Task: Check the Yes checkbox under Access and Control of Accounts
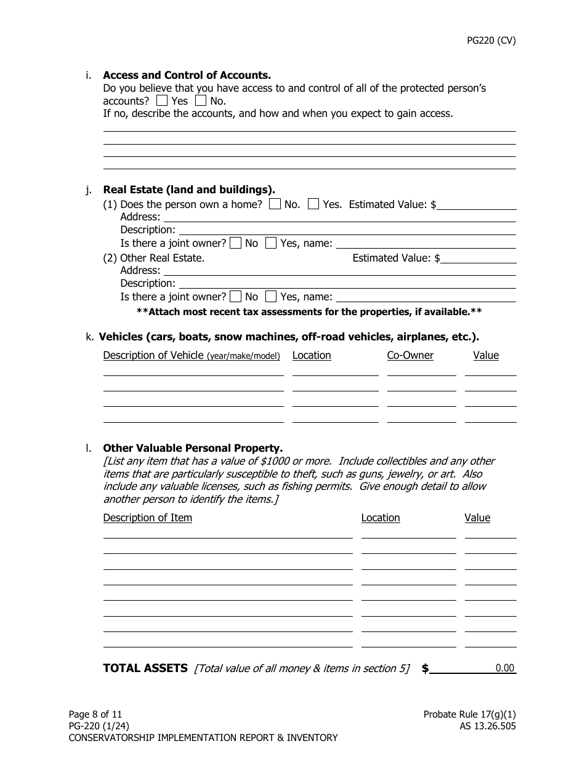pyautogui.click(x=162, y=100)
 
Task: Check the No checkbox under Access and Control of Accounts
pyautogui.click(x=201, y=100)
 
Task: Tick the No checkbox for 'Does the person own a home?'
pyautogui.click(x=275, y=204)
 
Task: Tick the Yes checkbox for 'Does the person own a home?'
pyautogui.click(x=313, y=204)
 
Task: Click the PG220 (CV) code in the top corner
pyautogui.click(x=490, y=41)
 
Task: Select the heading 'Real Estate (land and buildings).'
pyautogui.click(x=189, y=190)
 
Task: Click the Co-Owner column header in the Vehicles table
pyautogui.click(x=410, y=355)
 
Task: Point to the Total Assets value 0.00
pyautogui.click(x=504, y=668)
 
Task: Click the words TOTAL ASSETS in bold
pyautogui.click(x=145, y=668)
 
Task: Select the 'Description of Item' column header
pyautogui.click(x=148, y=518)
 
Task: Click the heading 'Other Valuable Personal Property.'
pyautogui.click(x=193, y=448)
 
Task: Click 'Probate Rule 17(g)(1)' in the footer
pyautogui.click(x=469, y=715)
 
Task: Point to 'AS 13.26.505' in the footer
pyautogui.click(x=483, y=726)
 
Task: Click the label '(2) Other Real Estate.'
pyautogui.click(x=154, y=258)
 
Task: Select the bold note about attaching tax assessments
pyautogui.click(x=309, y=311)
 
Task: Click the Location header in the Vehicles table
pyautogui.click(x=312, y=355)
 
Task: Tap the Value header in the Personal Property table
pyautogui.click(x=477, y=518)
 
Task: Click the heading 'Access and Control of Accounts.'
pyautogui.click(x=187, y=75)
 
